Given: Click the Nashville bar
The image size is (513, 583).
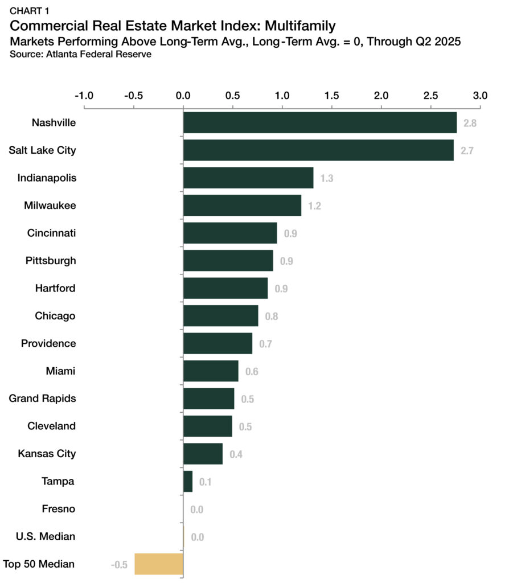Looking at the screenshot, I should click(x=319, y=122).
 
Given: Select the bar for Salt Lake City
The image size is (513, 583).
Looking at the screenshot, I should click(x=318, y=150).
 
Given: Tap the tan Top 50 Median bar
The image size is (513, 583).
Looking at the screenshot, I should click(x=159, y=564).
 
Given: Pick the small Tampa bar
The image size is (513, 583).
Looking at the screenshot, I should click(x=188, y=481).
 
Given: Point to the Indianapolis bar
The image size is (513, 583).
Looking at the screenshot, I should click(x=248, y=178).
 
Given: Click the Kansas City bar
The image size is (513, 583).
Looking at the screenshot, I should click(x=203, y=454).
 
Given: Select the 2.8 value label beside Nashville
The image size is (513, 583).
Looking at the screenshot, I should click(x=470, y=123).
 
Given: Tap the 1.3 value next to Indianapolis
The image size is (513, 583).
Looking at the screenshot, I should click(x=326, y=178).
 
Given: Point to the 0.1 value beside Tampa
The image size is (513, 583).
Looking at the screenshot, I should click(x=206, y=482).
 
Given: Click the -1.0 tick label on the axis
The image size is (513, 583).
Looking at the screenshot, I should click(x=84, y=95).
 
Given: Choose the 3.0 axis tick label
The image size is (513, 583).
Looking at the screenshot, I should click(x=480, y=95).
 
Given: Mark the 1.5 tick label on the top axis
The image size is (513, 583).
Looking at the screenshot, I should click(x=331, y=95).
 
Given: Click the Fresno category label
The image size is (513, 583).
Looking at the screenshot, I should click(x=59, y=508).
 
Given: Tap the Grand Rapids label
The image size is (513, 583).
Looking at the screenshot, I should click(x=42, y=398).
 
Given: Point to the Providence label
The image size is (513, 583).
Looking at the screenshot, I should click(x=48, y=343).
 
